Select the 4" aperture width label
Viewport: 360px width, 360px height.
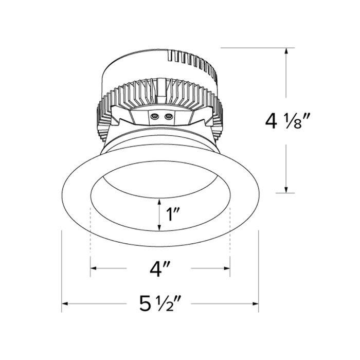pyautogui.click(x=160, y=269)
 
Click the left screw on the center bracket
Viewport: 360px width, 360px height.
pyautogui.click(x=153, y=117)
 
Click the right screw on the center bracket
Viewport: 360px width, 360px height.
pyautogui.click(x=167, y=117)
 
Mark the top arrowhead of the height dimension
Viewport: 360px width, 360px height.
pyautogui.click(x=286, y=51)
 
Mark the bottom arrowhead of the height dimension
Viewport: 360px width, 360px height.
pyautogui.click(x=286, y=189)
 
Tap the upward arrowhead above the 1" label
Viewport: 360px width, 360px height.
pyautogui.click(x=159, y=202)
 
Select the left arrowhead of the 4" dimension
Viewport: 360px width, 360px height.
pyautogui.click(x=94, y=268)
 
